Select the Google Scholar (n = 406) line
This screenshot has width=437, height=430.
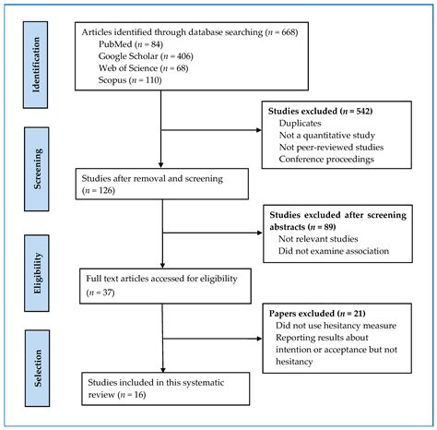pos(139,56)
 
